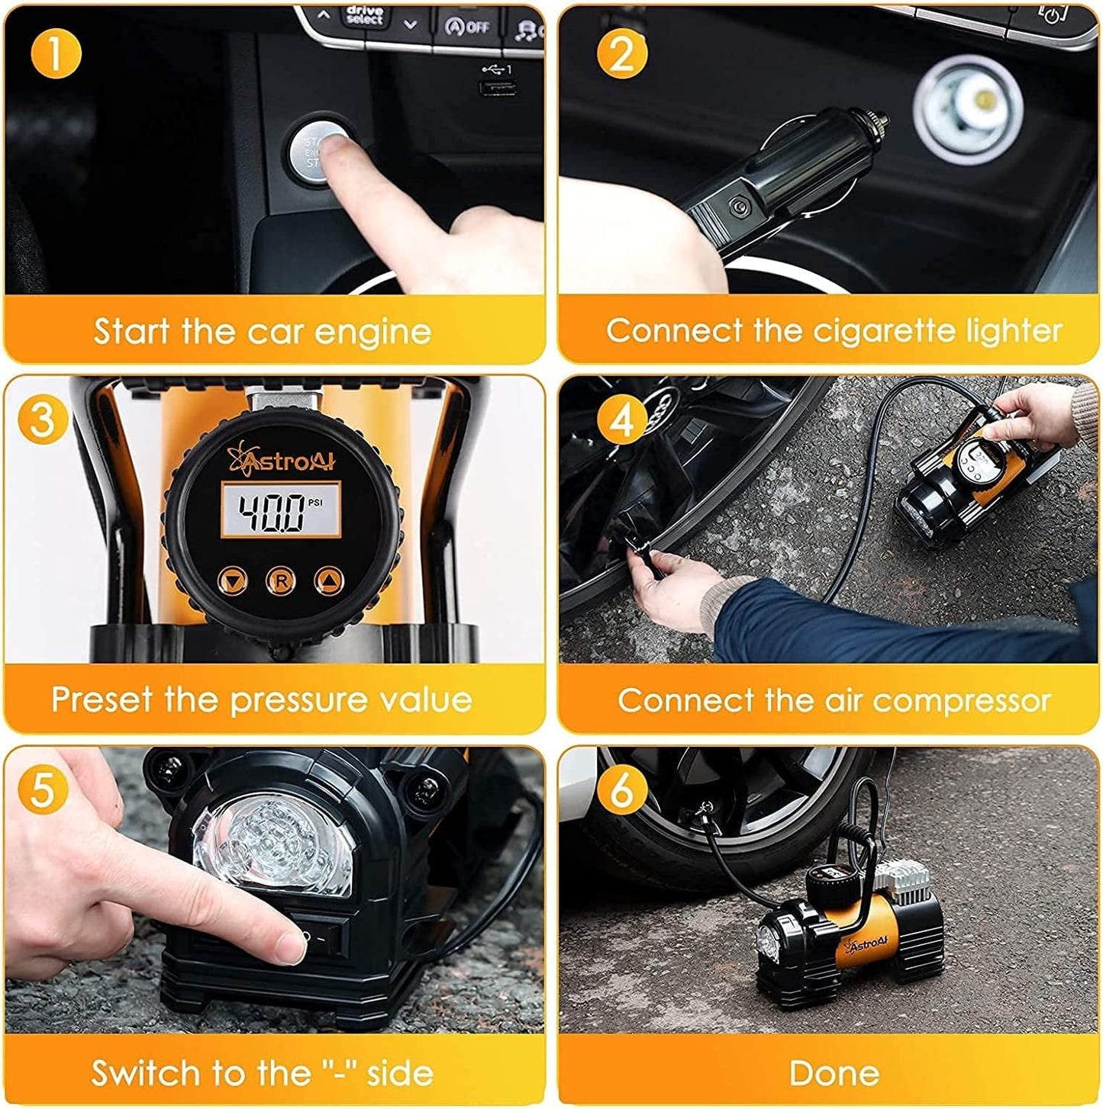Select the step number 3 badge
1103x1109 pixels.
43,419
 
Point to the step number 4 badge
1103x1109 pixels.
622,419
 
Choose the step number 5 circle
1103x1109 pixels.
43,789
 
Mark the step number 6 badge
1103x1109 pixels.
622,789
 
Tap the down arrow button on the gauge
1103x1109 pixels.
232,581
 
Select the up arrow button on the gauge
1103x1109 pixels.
328,581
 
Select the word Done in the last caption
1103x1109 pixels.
834,1072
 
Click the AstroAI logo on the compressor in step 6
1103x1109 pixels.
866,946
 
